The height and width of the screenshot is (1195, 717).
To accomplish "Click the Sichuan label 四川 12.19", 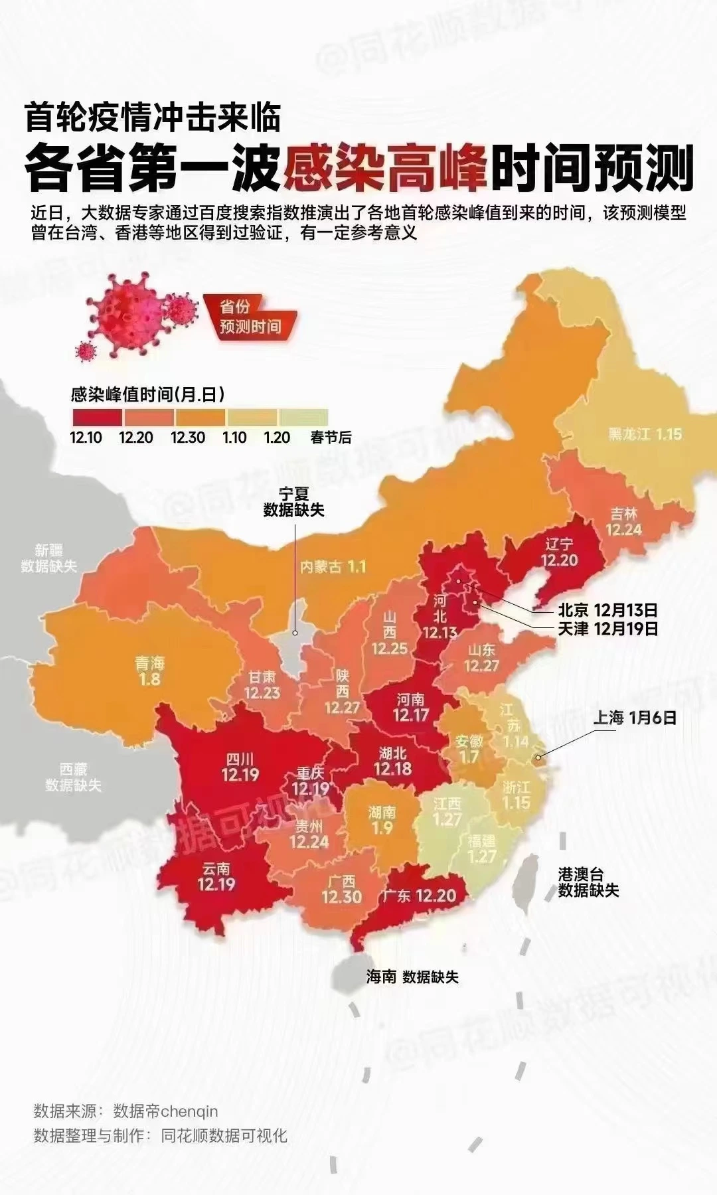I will coord(240,767).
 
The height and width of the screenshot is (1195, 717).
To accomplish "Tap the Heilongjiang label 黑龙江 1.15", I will coord(645,434).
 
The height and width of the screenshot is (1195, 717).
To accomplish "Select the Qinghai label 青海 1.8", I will coord(149,671).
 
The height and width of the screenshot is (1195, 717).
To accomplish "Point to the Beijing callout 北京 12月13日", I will coord(607,609).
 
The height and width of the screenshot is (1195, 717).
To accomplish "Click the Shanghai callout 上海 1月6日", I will coord(634,718).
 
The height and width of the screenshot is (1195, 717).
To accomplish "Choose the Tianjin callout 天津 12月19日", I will coord(607,628).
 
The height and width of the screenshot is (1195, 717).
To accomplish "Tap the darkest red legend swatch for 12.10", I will coord(97,417).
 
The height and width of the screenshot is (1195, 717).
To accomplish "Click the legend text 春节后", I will coord(331,438).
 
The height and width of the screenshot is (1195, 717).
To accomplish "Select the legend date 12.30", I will coord(188,438).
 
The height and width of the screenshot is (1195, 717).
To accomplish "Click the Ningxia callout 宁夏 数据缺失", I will coord(293,502).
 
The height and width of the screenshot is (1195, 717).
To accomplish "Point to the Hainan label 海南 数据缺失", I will coord(412,977).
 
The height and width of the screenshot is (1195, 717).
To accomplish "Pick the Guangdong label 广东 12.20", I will coord(419,896).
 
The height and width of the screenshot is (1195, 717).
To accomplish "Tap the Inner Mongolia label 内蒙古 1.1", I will coord(333,567).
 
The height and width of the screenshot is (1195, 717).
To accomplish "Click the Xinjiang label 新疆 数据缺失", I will coord(48,558).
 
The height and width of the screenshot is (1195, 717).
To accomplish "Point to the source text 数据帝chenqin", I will coord(165,1111).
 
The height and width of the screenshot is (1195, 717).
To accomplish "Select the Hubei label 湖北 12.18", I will coord(393,761).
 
